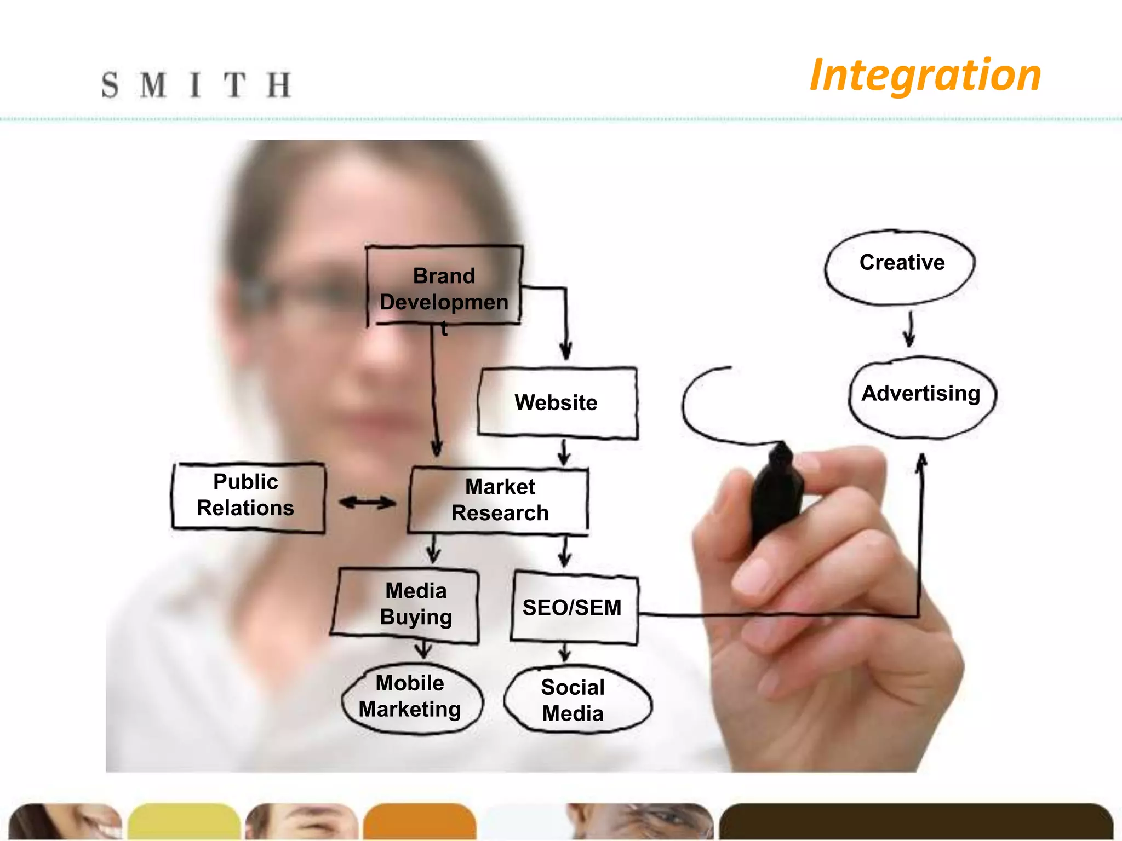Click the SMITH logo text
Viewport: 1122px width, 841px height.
196,85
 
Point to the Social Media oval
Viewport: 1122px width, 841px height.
575,700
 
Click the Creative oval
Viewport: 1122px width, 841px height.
901,266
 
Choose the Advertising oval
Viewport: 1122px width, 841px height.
922,395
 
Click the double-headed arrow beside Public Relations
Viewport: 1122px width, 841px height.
367,502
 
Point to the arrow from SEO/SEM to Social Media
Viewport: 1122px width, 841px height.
565,652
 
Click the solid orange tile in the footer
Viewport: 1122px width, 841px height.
419,821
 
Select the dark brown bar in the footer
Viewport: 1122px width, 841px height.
915,821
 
